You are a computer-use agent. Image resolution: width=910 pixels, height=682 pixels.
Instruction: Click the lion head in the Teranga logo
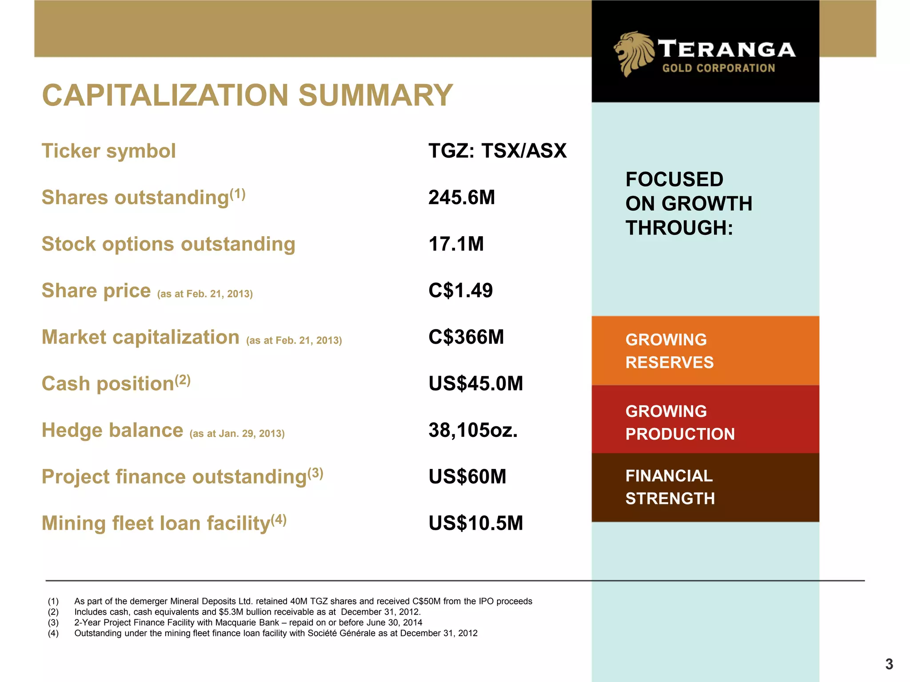coord(633,53)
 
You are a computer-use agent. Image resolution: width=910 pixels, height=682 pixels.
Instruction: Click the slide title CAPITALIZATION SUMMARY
coord(247,95)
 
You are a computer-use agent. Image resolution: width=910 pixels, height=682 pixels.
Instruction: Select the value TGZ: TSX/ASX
coord(497,151)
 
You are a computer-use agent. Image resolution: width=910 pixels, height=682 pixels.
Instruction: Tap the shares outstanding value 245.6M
coord(461,198)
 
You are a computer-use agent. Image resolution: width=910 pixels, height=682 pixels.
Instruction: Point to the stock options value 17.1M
coord(456,244)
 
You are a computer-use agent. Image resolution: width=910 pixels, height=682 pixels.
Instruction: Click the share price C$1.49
coord(460,291)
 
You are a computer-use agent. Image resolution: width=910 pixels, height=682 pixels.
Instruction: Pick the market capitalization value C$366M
coord(466,337)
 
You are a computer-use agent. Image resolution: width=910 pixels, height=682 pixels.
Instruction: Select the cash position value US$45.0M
coord(475,384)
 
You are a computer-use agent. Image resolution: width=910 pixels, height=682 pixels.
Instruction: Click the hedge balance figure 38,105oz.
coord(473,430)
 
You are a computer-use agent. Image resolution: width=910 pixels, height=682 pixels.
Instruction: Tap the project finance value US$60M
coord(467,477)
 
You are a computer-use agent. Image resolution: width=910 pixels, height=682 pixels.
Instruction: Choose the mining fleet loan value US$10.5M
coord(475,523)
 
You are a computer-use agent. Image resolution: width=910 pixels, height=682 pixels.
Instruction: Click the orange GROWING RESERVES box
coord(705,351)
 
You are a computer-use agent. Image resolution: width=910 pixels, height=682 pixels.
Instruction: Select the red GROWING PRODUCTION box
coord(705,420)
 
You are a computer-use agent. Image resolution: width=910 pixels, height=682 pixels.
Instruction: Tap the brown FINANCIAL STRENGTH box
coord(705,488)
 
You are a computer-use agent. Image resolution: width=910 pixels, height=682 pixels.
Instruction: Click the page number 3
coord(889,664)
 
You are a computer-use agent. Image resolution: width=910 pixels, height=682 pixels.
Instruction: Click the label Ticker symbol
coord(108,151)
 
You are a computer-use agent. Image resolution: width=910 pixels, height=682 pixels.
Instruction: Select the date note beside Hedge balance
coord(237,433)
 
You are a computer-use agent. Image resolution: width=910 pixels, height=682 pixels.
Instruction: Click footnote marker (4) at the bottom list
coord(53,633)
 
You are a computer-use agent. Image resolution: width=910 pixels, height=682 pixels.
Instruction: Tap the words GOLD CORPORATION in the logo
coord(718,68)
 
